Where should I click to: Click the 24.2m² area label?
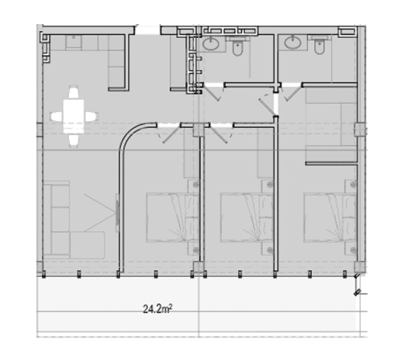click(157, 309)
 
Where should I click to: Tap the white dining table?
click(74, 116)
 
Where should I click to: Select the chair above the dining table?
click(74, 92)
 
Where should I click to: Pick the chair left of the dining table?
click(57, 116)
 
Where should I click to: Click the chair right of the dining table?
click(91, 116)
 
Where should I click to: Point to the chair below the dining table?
click(74, 140)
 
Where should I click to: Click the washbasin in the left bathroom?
click(211, 43)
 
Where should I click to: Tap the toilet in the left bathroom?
click(237, 46)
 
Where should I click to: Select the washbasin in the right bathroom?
click(293, 43)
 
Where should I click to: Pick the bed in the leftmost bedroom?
click(172, 217)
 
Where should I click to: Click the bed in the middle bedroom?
click(247, 217)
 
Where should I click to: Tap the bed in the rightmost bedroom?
click(330, 217)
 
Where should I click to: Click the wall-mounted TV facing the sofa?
click(117, 213)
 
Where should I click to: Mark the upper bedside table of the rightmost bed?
click(351, 186)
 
